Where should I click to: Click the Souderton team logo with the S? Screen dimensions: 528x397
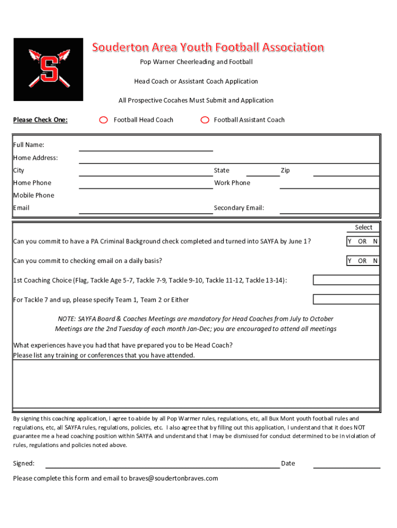pos(48,69)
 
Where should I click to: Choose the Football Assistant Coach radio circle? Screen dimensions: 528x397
pos(205,120)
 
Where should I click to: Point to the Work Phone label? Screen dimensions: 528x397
pos(232,183)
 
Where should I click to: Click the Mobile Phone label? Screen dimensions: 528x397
pos(34,195)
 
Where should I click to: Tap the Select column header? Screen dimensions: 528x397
pos(363,227)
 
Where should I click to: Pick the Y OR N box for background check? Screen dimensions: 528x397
pos(362,241)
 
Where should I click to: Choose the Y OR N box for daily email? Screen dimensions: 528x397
pos(362,261)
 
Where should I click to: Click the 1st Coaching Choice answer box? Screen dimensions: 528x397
pos(346,280)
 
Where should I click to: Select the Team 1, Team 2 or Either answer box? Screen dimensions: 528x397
pos(346,299)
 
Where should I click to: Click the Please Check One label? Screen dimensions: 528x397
pos(40,120)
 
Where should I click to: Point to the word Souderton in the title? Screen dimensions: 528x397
pos(119,48)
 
